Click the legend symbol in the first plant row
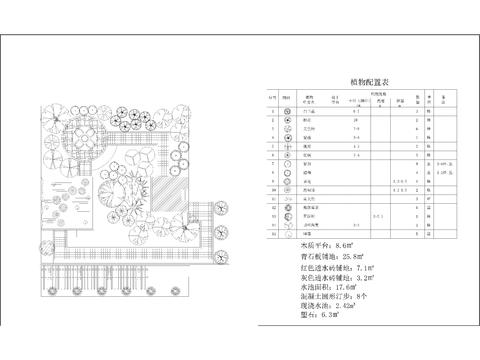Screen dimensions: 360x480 tap(287, 110)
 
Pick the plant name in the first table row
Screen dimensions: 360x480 tap(309, 110)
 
